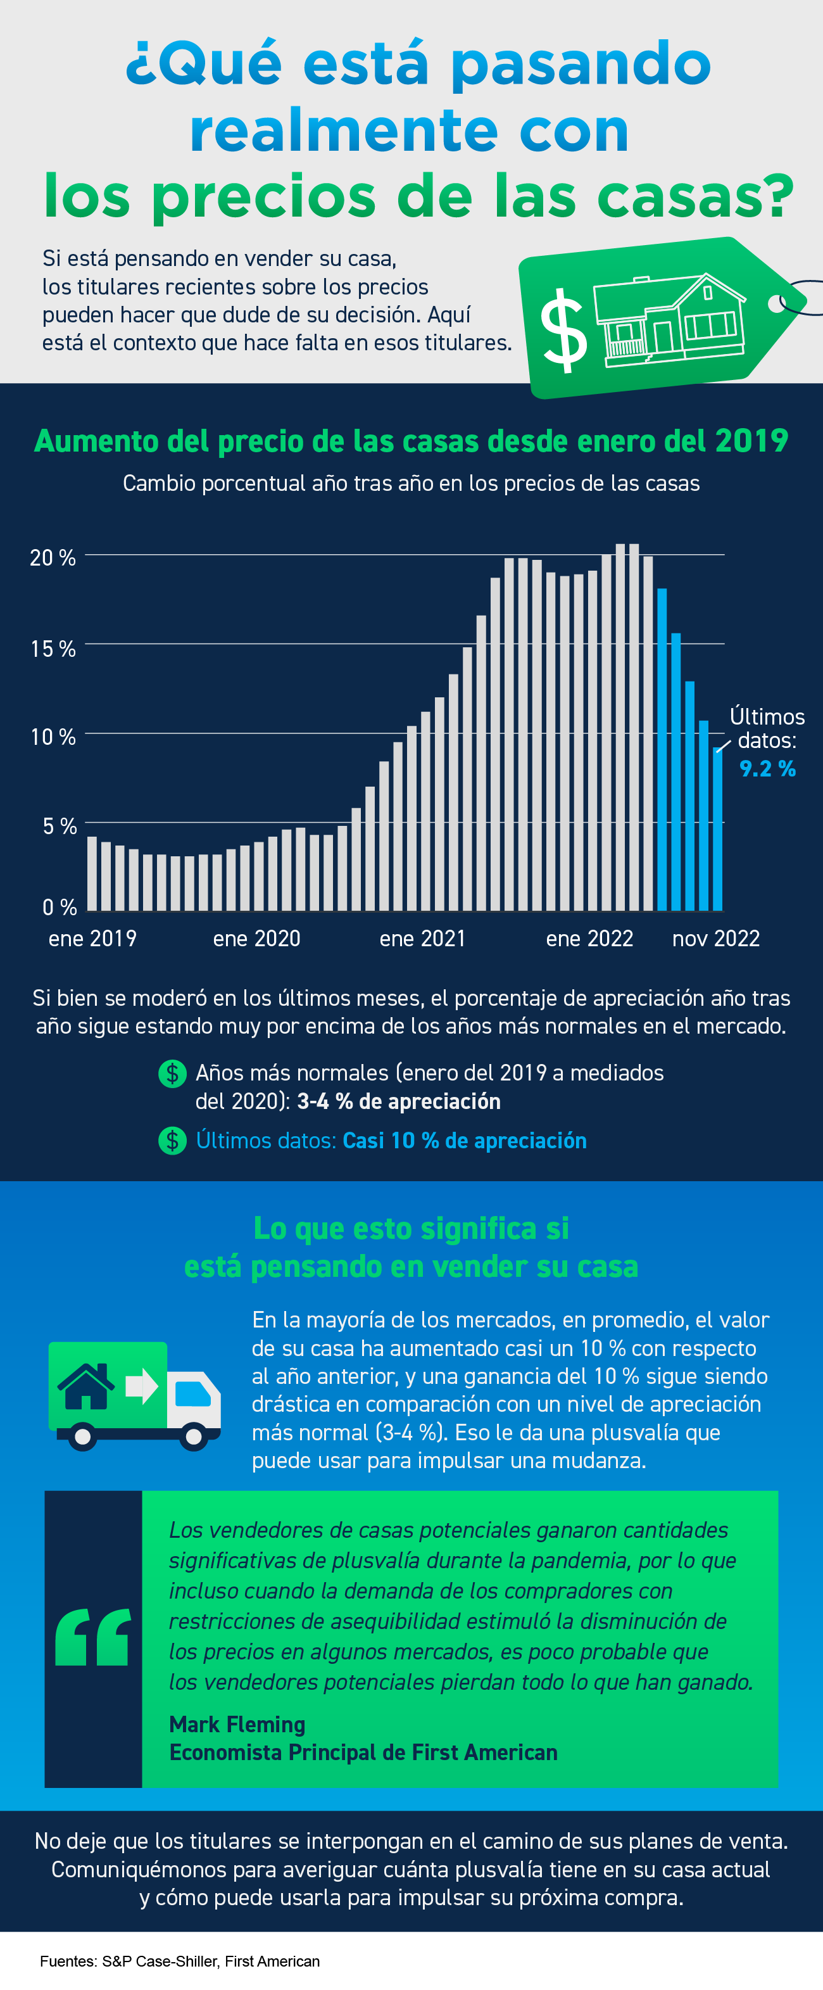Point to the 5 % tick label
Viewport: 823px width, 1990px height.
tap(60, 826)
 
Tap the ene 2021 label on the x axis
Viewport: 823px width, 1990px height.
tap(422, 938)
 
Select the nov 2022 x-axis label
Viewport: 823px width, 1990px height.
tap(715, 938)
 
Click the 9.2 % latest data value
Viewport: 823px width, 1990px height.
tap(767, 769)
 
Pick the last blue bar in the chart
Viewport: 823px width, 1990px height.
tap(717, 830)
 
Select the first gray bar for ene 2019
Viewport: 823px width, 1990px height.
tap(92, 873)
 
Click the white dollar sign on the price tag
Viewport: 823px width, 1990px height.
tap(563, 331)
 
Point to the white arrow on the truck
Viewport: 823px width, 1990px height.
tap(142, 1386)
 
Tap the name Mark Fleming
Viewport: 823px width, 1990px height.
tap(237, 1723)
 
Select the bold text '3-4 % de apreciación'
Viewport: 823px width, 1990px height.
tap(398, 1101)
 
